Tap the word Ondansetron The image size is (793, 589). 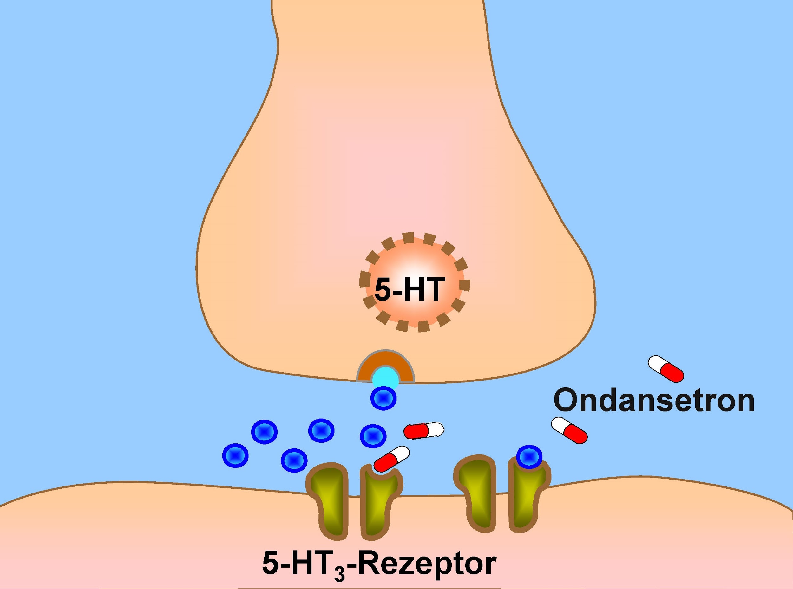click(x=654, y=401)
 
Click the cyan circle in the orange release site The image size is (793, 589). click(x=385, y=379)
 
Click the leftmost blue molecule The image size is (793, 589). click(x=235, y=456)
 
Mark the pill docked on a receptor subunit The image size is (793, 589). click(x=391, y=459)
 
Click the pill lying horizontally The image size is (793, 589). click(x=423, y=430)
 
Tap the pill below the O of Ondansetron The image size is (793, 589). click(x=569, y=430)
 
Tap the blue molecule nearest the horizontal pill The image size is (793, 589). click(x=373, y=435)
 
